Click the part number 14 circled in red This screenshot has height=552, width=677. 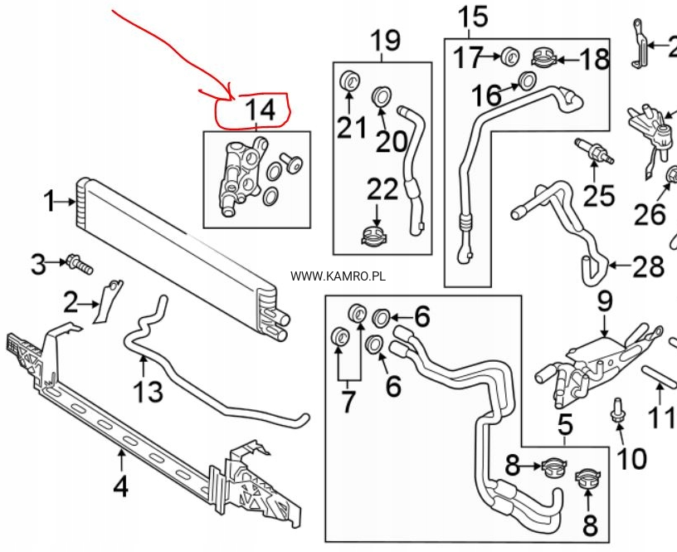click(x=257, y=110)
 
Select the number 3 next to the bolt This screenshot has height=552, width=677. click(x=38, y=266)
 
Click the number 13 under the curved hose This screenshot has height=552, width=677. click(x=149, y=390)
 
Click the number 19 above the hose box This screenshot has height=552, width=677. click(x=384, y=40)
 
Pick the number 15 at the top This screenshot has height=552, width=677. click(x=474, y=17)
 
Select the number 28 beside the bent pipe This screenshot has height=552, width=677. click(x=648, y=266)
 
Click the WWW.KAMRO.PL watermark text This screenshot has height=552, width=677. click(x=338, y=276)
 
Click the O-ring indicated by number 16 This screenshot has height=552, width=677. click(x=526, y=81)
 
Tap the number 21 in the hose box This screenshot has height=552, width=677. click(x=350, y=128)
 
